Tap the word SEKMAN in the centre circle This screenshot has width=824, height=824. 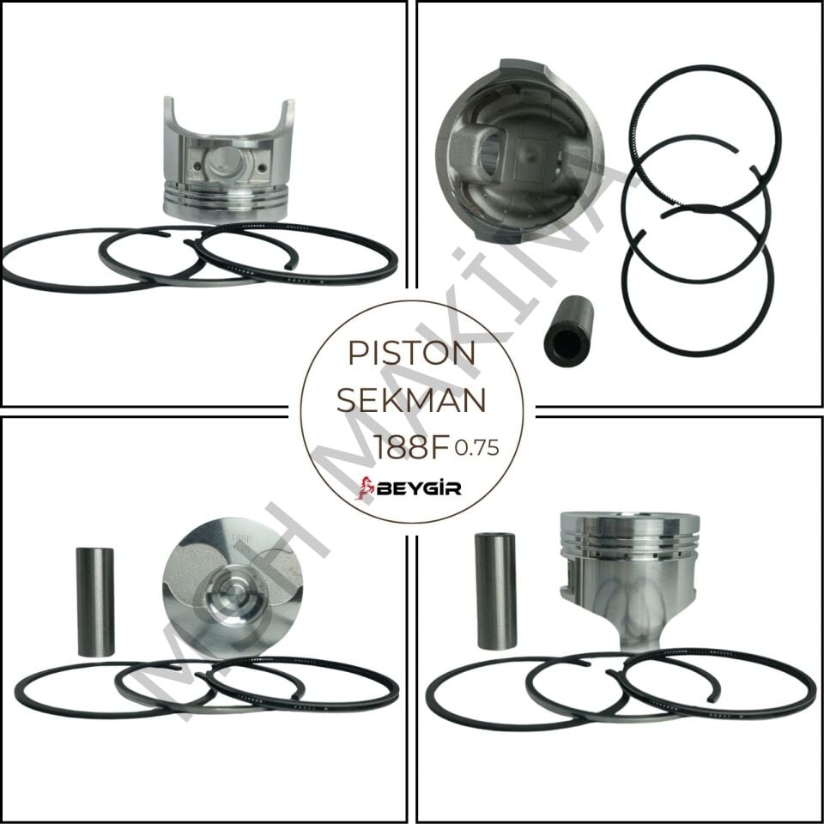tap(410, 399)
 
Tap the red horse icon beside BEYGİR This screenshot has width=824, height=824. tap(367, 488)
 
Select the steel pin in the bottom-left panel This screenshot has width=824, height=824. tap(95, 601)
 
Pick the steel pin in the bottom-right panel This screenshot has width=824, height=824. tap(496, 591)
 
